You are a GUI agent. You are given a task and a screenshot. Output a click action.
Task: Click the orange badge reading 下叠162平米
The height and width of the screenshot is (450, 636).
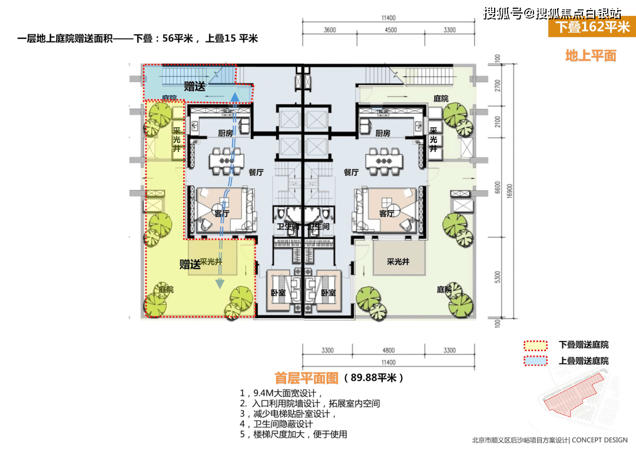pyautogui.click(x=591, y=27)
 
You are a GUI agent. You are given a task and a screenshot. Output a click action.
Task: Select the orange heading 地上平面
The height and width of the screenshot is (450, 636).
pyautogui.click(x=590, y=56)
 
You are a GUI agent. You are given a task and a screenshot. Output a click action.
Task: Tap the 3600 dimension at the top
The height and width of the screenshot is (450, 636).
pyautogui.click(x=330, y=30)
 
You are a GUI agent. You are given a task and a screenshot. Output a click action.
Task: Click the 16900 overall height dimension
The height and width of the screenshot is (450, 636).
pyautogui.click(x=514, y=190)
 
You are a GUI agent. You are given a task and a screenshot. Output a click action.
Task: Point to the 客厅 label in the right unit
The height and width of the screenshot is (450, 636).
pyautogui.click(x=386, y=213)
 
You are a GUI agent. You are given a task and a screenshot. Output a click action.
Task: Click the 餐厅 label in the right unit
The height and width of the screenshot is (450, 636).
pyautogui.click(x=351, y=173)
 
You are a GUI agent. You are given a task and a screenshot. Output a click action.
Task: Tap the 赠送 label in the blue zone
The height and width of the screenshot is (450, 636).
pyautogui.click(x=194, y=86)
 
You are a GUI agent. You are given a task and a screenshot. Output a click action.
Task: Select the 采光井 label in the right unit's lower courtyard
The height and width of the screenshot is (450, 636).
pyautogui.click(x=398, y=262)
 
